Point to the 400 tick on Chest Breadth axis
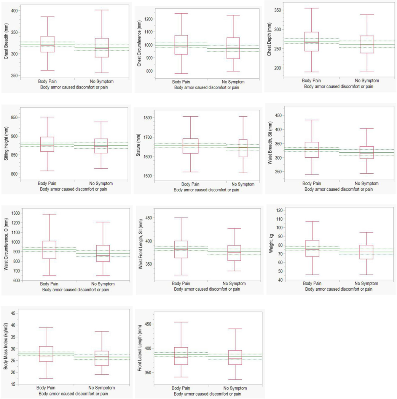pyautogui.click(x=14, y=10)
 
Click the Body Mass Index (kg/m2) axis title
pyautogui.click(x=6, y=348)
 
